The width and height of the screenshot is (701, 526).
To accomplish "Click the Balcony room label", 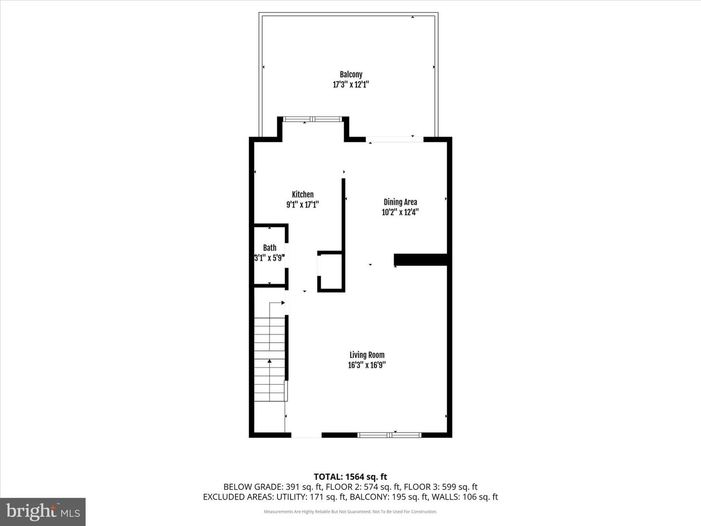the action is pos(350,75).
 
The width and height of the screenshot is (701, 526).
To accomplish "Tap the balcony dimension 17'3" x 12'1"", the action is pos(350,85).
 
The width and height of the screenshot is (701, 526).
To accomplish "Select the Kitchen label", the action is pos(302,194).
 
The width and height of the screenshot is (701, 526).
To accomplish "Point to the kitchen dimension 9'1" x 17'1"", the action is pos(302,205).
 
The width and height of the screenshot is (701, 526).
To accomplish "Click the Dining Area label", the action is pos(400,202).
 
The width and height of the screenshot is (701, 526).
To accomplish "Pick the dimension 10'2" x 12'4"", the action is pos(400,212).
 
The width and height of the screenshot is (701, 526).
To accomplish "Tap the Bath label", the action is pos(270,248).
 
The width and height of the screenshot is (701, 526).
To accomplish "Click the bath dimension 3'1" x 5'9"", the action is pos(269,258).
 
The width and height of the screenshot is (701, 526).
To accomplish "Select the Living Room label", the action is pos(367,355).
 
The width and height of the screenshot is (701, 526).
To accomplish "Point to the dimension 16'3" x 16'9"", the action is pos(367,365).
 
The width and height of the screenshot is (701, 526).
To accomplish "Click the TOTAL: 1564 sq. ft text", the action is pos(350,477).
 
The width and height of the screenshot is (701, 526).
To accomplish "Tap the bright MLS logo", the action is pos(43,511).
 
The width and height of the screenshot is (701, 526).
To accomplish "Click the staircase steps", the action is pos(270,359).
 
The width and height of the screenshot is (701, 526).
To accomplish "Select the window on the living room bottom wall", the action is pos(389,434).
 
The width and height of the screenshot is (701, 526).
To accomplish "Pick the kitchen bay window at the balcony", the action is pos(313,119).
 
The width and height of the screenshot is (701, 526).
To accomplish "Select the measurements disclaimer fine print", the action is pos(350,511).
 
